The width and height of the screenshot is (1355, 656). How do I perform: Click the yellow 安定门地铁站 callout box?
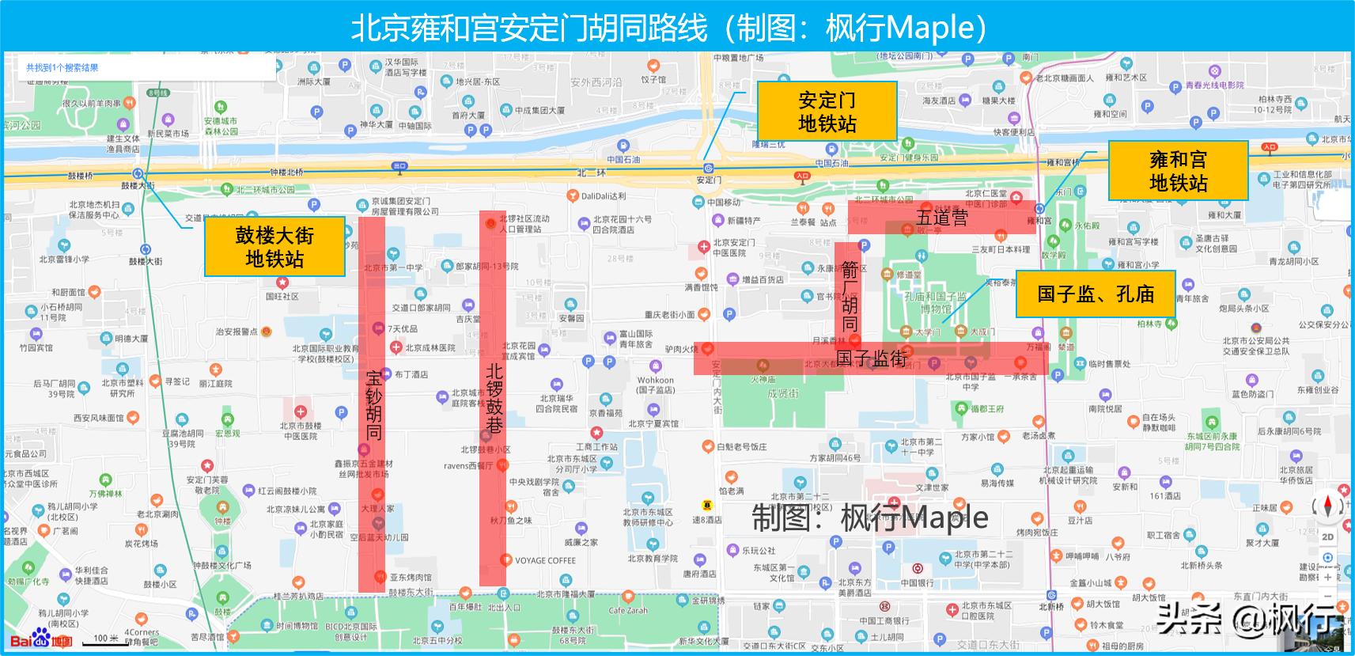(827, 111)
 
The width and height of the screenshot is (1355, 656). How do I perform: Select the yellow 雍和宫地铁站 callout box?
(1178, 171)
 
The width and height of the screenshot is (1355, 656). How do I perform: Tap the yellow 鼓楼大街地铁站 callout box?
(274, 247)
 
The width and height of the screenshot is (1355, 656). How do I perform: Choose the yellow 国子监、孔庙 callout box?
(1096, 294)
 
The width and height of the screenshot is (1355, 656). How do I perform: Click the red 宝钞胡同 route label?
(373, 404)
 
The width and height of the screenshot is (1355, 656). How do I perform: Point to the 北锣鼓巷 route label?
(494, 398)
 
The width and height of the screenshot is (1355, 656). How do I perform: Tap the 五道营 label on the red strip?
(942, 218)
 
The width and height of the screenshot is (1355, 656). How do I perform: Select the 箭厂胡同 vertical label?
(850, 297)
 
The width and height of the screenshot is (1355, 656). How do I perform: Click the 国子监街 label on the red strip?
(871, 358)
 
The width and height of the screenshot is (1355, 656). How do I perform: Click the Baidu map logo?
(40, 639)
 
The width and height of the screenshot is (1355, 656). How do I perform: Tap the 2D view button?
(1327, 537)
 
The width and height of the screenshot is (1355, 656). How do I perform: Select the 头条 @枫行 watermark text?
(1250, 619)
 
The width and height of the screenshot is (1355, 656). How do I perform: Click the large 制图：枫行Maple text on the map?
(869, 518)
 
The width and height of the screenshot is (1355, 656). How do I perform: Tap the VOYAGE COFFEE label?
(545, 560)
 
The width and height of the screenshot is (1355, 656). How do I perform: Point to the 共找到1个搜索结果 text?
(62, 68)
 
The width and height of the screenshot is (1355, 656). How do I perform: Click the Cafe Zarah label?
(628, 611)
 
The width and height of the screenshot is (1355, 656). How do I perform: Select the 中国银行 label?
(917, 582)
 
